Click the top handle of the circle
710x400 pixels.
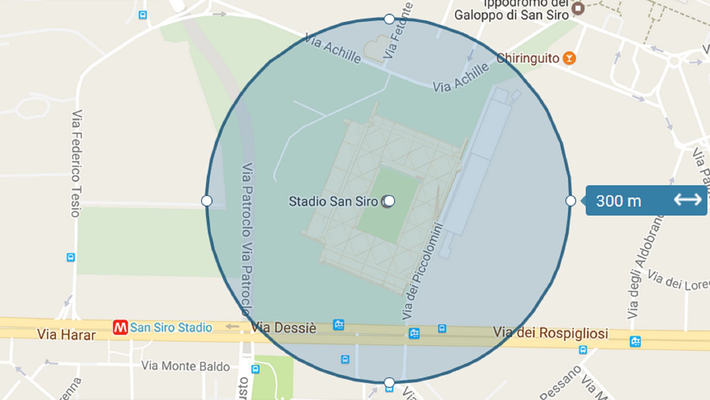tap(389, 19)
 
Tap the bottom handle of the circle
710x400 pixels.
tap(389, 382)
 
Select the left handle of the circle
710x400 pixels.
tap(207, 201)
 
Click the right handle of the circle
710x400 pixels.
tap(571, 201)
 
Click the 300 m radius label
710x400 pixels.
tap(618, 201)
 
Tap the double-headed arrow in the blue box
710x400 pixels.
tap(687, 200)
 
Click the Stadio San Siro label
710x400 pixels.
tap(333, 201)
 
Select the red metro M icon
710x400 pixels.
tap(120, 327)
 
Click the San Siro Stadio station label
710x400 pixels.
tap(171, 328)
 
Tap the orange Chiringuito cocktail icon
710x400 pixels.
tap(569, 58)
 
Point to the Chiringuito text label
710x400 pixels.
tap(528, 58)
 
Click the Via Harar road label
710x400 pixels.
tap(66, 334)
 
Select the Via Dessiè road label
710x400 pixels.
tap(284, 328)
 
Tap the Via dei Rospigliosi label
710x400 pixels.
tap(550, 333)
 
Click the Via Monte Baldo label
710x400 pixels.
tap(185, 366)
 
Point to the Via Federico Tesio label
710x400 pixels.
tap(77, 163)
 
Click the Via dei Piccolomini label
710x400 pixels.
tap(422, 271)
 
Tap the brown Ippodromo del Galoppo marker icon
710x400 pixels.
tap(578, 8)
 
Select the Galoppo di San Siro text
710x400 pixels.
tap(511, 15)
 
